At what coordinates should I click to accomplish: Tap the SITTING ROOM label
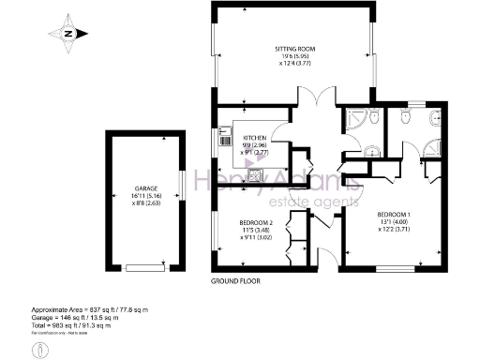pyautogui.click(x=293, y=47)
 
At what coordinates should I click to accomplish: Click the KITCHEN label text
pyautogui.click(x=256, y=138)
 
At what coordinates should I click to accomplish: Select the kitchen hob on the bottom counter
pyautogui.click(x=254, y=172)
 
